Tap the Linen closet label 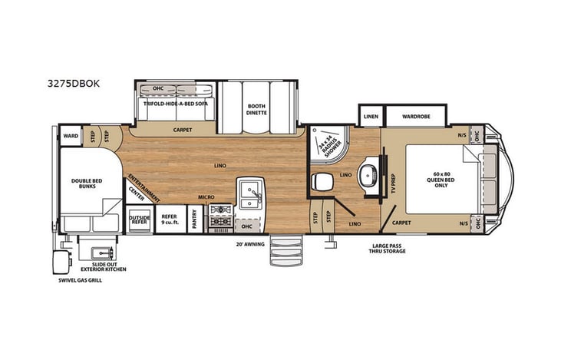coord(371,116)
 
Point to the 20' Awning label coord(251,245)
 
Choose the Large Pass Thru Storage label coord(386,249)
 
